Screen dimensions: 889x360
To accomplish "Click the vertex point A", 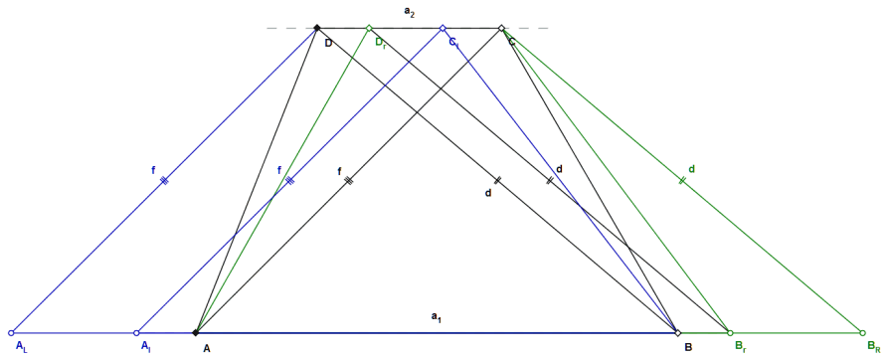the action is pos(196,333).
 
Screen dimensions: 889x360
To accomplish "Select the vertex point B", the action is pos(677,333).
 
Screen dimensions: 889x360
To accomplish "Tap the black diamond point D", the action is pos(317,28).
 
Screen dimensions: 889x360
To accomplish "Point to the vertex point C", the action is pos(501,28).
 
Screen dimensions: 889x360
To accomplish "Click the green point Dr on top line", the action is pos(369,28).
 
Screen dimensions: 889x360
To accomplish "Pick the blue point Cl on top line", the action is pos(443,28).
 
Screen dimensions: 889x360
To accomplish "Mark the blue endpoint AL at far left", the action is pos(11,333).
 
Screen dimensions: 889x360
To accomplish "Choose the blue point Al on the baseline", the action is pos(136,333).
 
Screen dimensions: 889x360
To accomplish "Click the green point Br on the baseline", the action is pos(730,333).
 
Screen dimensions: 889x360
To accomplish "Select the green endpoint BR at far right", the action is pos(862,333).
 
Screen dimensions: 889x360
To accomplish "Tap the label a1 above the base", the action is pos(436,318).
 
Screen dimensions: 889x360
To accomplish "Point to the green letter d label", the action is pos(691,168).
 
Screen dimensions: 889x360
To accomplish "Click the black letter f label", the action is pos(340,172).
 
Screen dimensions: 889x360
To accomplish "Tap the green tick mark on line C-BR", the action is pos(682,181).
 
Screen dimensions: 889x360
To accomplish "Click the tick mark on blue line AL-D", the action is pos(164,181).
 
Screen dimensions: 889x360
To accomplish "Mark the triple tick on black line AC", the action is pos(349,181).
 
